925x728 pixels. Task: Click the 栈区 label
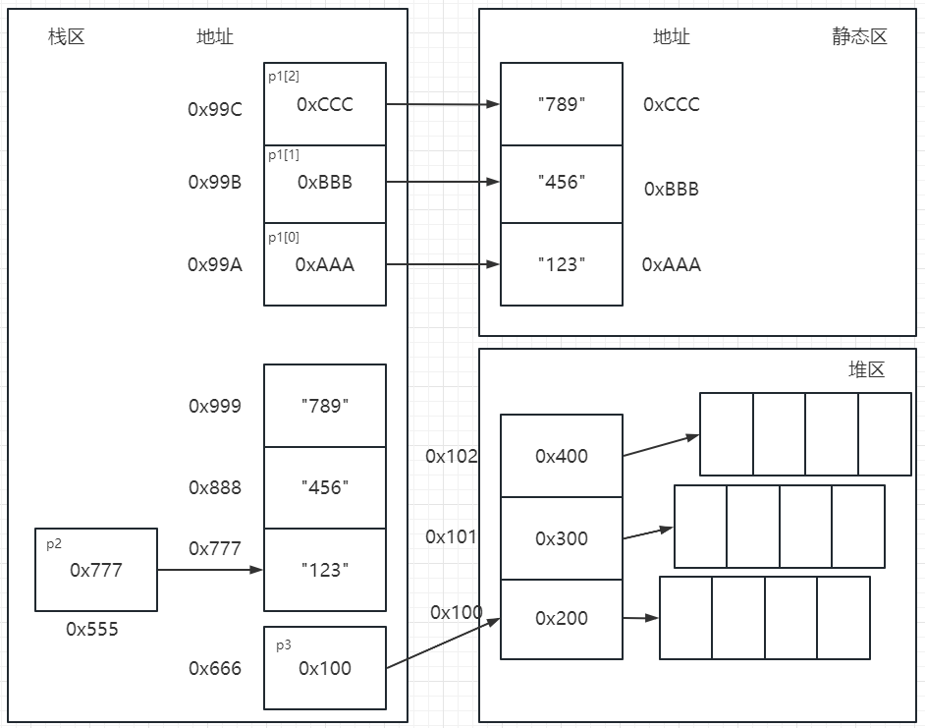click(67, 37)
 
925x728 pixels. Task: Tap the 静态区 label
click(858, 37)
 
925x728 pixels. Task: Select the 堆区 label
click(866, 369)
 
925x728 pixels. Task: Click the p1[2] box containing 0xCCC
click(325, 104)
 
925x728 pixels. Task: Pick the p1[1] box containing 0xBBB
click(325, 184)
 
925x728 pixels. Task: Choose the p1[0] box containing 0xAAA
click(325, 264)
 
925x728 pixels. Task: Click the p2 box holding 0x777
click(96, 570)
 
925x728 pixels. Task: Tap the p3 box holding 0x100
click(325, 668)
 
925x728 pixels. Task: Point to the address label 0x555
click(92, 630)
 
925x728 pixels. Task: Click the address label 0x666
click(215, 668)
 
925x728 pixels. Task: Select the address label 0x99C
click(215, 109)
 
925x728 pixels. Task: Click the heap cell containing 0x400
click(562, 456)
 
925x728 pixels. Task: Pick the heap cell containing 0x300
click(562, 538)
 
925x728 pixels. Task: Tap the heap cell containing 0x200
click(562, 618)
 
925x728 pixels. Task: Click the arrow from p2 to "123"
click(210, 569)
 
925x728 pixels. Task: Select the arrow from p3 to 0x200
click(443, 644)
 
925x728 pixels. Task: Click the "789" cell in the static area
click(562, 104)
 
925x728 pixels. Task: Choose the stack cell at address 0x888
click(325, 487)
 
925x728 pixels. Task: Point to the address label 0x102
click(452, 456)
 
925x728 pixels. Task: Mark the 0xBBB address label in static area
click(672, 189)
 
